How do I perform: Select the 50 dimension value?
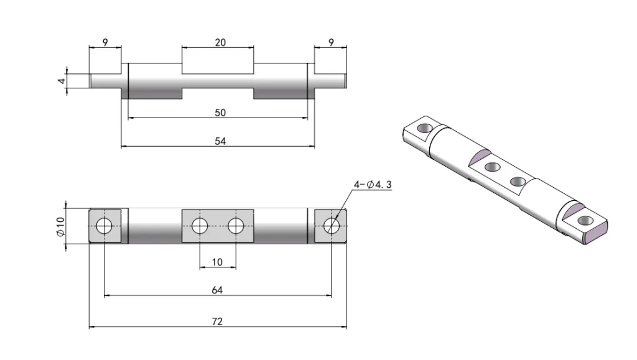pyautogui.click(x=220, y=113)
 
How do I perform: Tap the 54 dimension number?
pyautogui.click(x=220, y=141)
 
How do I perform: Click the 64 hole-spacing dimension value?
pyautogui.click(x=218, y=290)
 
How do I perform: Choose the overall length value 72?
pyautogui.click(x=217, y=321)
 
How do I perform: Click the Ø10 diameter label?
pyautogui.click(x=60, y=226)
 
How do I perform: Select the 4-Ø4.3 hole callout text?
pyautogui.click(x=373, y=185)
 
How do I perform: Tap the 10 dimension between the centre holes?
pyautogui.click(x=217, y=262)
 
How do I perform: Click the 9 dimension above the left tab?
pyautogui.click(x=105, y=43)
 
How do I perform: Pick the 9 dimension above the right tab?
pyautogui.click(x=330, y=43)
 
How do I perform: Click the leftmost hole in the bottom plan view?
pyautogui.click(x=104, y=226)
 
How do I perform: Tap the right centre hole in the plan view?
pyautogui.click(x=235, y=226)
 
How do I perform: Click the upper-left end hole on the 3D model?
pyautogui.click(x=424, y=128)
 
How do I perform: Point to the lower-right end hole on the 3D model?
pyautogui.click(x=584, y=221)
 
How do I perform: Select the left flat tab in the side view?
pyautogui.click(x=105, y=81)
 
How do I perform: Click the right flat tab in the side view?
pyautogui.click(x=330, y=81)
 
